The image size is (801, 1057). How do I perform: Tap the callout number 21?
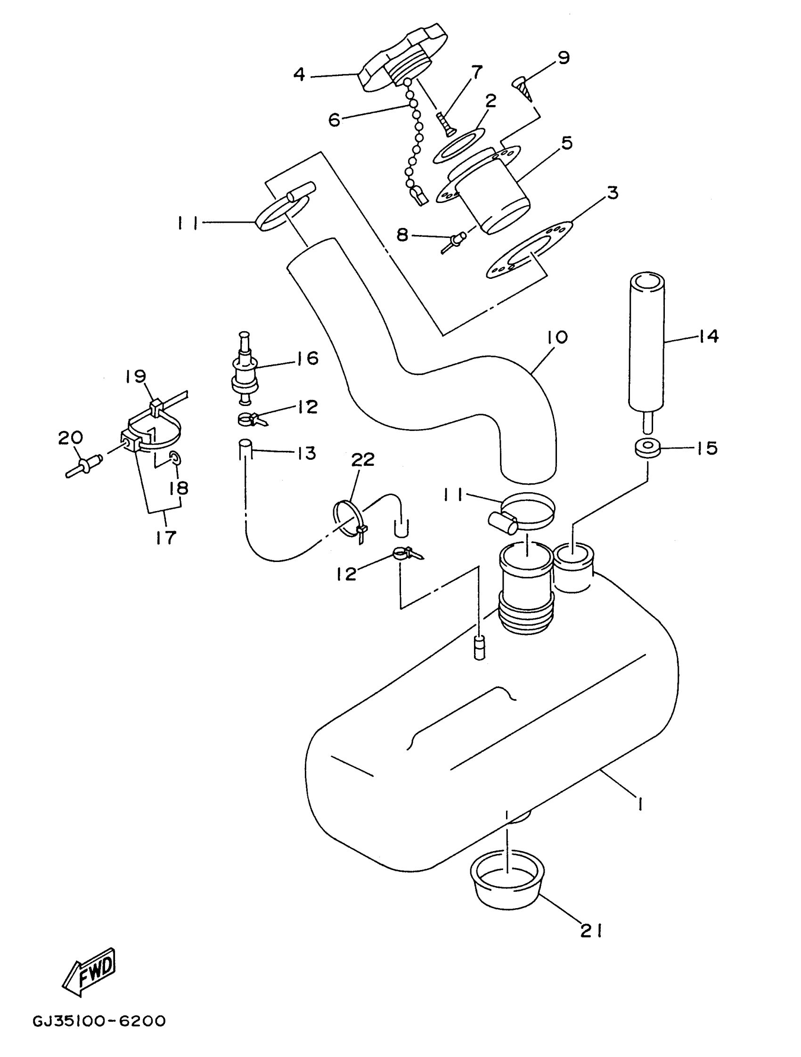pos(591,931)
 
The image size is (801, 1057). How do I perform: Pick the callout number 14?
pos(708,336)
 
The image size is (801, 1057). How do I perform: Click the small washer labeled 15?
pos(646,449)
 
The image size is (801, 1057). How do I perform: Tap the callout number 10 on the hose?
pos(558,337)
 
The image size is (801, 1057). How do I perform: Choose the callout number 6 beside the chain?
pos(334,120)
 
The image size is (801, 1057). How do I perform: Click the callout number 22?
pos(363,459)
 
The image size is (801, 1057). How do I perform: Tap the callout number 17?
pos(165,537)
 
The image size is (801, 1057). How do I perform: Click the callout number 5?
pos(567,142)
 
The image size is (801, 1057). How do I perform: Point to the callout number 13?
pos(306,453)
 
